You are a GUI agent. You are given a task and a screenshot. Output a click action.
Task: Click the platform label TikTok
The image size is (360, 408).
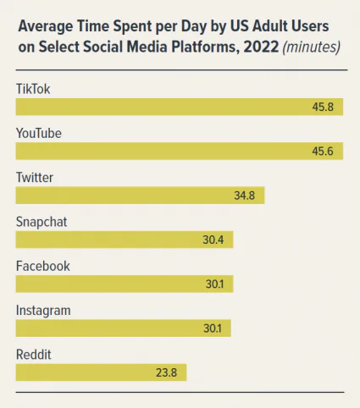[32, 89]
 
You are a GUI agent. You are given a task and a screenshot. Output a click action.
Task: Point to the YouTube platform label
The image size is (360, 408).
[39, 133]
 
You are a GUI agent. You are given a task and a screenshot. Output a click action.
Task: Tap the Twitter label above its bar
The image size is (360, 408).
[35, 177]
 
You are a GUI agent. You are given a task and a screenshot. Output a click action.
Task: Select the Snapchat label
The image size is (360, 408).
[42, 222]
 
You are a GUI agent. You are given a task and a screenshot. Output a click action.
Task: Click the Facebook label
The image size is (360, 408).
[42, 266]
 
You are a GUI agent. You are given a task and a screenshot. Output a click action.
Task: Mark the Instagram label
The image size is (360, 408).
[43, 310]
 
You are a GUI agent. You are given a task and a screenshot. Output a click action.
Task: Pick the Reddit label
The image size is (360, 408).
[34, 354]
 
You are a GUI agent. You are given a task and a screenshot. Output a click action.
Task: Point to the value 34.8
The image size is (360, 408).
[245, 196]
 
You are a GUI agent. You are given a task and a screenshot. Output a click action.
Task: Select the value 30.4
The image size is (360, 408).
[213, 240]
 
